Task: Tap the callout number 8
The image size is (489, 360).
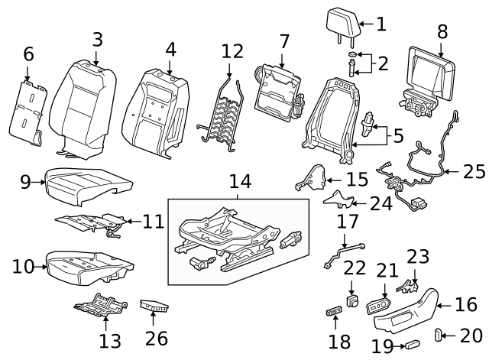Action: coord(442,32)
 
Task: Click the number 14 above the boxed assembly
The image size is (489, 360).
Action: coord(240,181)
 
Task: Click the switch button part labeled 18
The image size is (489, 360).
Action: coord(335,310)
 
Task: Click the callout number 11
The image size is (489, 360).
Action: coord(154,222)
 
